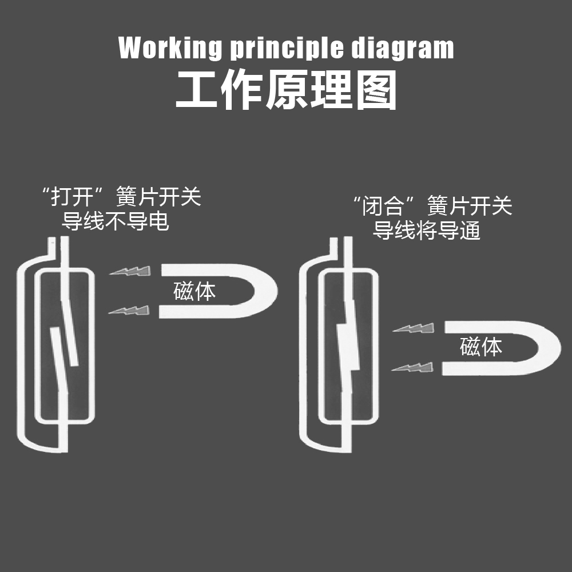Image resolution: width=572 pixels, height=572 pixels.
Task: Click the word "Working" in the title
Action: (170, 47)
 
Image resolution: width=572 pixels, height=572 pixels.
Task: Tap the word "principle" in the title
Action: (287, 47)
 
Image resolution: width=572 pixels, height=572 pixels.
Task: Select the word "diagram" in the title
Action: (402, 47)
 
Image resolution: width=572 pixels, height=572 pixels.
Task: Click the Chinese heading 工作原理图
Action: (286, 90)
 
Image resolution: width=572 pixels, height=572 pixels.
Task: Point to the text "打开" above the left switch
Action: (72, 197)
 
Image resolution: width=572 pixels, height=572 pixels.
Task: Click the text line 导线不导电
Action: (116, 221)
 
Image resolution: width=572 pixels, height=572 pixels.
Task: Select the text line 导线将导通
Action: (427, 231)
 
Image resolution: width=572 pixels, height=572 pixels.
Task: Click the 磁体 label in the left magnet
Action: (194, 291)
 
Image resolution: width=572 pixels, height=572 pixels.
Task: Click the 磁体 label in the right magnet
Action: (481, 347)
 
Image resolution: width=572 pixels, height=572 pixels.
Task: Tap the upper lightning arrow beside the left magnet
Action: (130, 271)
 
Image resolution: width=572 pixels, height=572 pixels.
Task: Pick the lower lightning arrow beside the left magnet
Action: (129, 311)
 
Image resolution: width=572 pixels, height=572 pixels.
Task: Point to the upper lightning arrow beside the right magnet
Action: (414, 328)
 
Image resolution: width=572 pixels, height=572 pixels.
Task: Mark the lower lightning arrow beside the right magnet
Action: (412, 367)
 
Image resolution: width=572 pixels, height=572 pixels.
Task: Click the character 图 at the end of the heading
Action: (376, 90)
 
